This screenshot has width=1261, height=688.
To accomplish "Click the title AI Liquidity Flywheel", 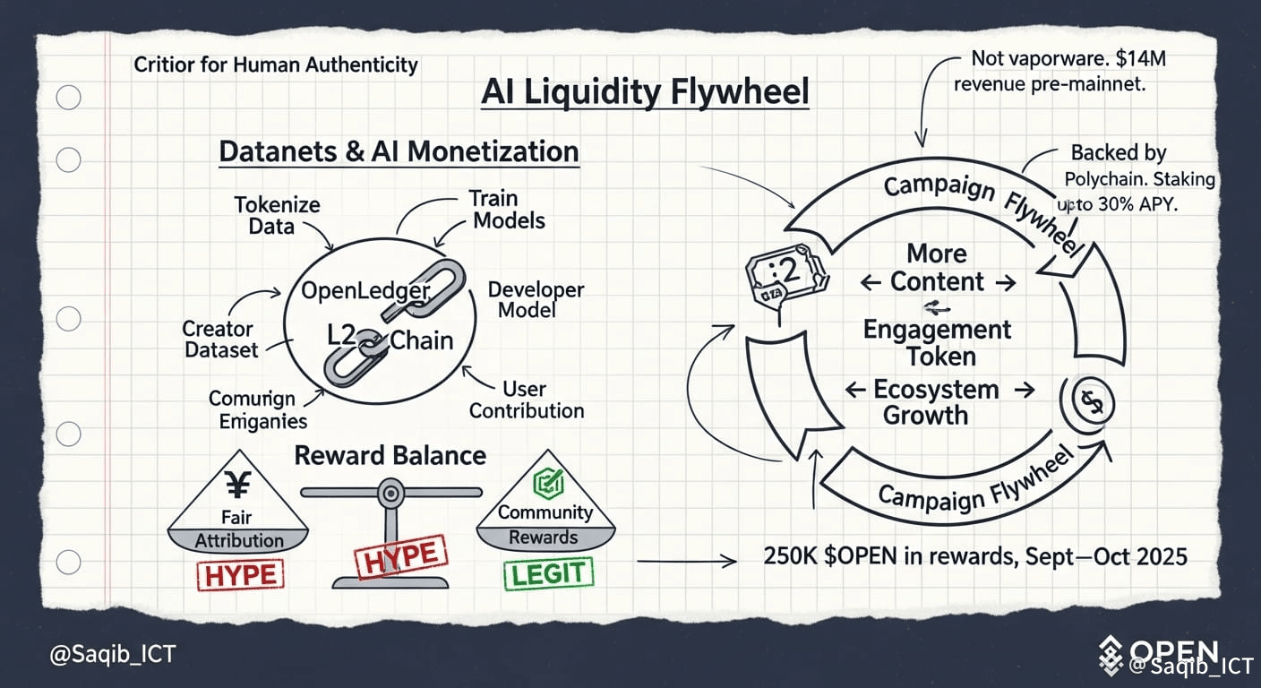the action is coord(645,93).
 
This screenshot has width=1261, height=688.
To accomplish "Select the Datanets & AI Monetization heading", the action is coord(399,150).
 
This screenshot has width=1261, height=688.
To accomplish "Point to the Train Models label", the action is coord(509,209).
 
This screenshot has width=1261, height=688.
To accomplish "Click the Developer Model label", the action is coord(536,300).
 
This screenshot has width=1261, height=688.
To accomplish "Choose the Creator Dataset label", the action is coord(221,340).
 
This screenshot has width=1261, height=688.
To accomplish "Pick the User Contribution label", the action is coord(527,400).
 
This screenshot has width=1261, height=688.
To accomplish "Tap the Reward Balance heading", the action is coord(390,455).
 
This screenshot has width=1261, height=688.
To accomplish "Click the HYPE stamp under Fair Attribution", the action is coord(238,574).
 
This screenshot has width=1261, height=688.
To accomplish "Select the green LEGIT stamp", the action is coord(548,573).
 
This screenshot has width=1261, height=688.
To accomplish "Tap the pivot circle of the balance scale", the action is coord(390,492).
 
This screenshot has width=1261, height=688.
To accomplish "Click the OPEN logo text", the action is coord(1173,650).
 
